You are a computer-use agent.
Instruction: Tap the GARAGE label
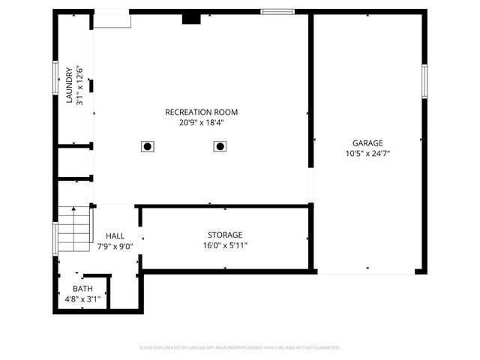pyautogui.click(x=367, y=143)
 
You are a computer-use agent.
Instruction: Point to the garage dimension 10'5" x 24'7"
pyautogui.click(x=367, y=153)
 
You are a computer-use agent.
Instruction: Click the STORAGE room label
pyautogui.click(x=225, y=235)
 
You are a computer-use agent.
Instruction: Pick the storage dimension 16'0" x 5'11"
pyautogui.click(x=225, y=245)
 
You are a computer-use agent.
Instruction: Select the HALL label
pyautogui.click(x=115, y=235)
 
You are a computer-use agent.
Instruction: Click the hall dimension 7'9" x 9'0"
pyautogui.click(x=115, y=245)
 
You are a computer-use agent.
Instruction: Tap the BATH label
pyautogui.click(x=82, y=289)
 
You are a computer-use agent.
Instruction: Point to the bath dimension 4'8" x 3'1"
pyautogui.click(x=82, y=298)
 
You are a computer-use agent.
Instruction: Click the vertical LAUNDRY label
pyautogui.click(x=69, y=86)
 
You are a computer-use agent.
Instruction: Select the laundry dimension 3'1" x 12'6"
pyautogui.click(x=79, y=86)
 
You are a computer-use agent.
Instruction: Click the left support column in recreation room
pyautogui.click(x=148, y=146)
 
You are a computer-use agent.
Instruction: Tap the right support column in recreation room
pyautogui.click(x=220, y=146)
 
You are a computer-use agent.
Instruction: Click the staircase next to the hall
pyautogui.click(x=75, y=229)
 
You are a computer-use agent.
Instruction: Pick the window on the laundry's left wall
pyautogui.click(x=55, y=76)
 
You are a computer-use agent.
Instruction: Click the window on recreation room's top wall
pyautogui.click(x=277, y=12)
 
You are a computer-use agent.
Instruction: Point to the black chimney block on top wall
pyautogui.click(x=191, y=19)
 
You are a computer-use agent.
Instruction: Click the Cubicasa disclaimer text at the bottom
pyautogui.click(x=240, y=348)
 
